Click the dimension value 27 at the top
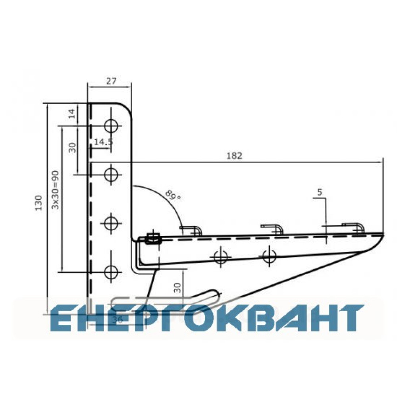(111, 81)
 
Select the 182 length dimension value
(234, 156)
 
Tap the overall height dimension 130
(39, 202)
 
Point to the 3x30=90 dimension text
(55, 190)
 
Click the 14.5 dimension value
(103, 142)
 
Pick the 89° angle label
(173, 195)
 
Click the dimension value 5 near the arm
(320, 192)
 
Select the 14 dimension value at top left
(72, 114)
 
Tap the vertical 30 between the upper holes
(72, 147)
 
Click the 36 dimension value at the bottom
(117, 320)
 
